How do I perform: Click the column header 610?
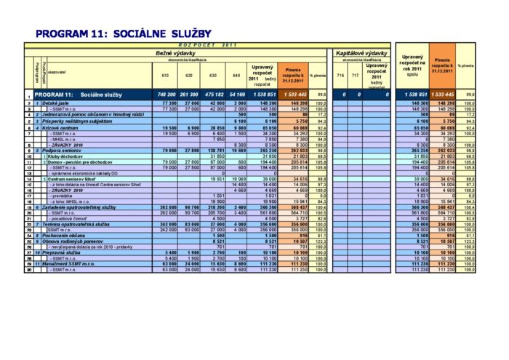pos(164,75)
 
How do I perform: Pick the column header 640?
pos(235,75)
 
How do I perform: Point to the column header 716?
pos(340,75)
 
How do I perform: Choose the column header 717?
pos(355,75)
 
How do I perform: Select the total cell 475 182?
pos(214,95)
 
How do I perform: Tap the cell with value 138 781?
pos(215,151)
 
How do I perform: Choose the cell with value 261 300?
pos(189,95)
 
